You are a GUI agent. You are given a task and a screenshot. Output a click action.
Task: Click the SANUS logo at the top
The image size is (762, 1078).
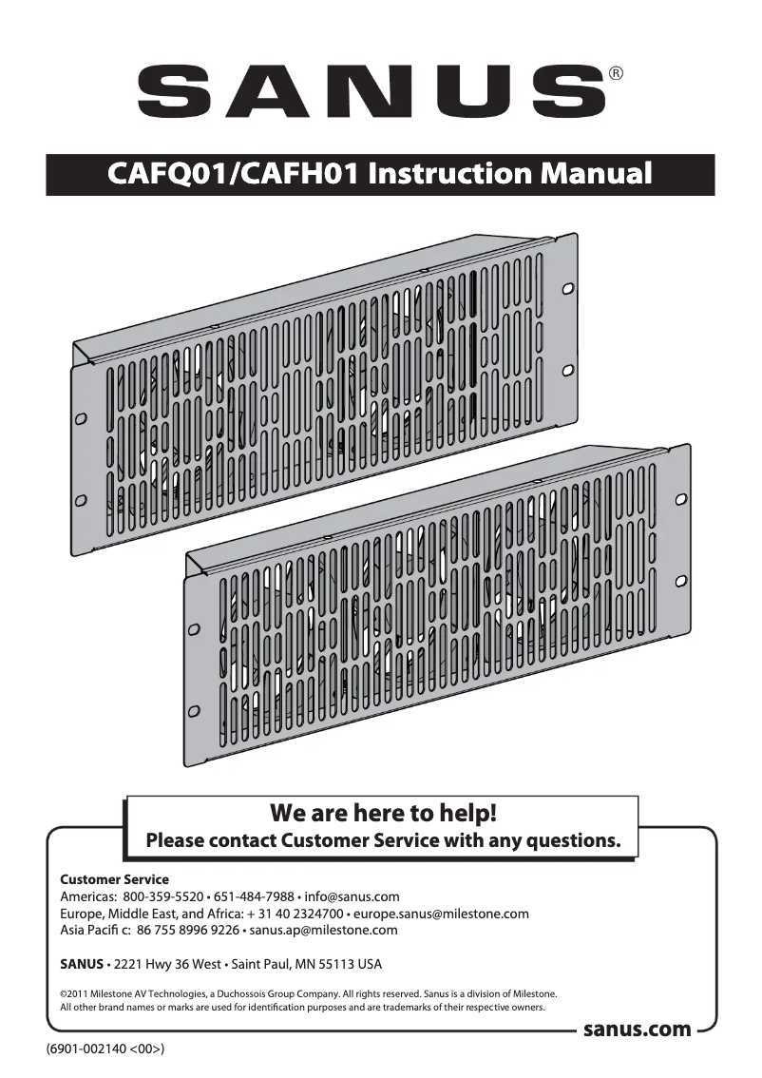click(x=371, y=90)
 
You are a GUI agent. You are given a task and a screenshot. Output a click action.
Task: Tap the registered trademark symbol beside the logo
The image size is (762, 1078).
click(x=616, y=73)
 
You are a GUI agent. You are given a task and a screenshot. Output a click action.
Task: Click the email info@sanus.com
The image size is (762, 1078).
click(x=352, y=896)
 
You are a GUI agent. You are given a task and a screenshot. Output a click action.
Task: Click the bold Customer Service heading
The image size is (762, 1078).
click(x=114, y=879)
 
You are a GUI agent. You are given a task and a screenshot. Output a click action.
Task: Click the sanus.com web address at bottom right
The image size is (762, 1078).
click(x=637, y=1030)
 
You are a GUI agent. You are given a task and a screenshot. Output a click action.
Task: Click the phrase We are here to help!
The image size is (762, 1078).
click(x=384, y=814)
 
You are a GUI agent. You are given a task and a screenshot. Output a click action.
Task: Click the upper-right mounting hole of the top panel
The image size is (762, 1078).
click(x=567, y=287)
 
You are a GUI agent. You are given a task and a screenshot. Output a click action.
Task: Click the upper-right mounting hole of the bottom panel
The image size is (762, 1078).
click(x=680, y=499)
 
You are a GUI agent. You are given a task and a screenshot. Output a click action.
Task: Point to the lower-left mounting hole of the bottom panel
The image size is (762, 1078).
click(x=194, y=709)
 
